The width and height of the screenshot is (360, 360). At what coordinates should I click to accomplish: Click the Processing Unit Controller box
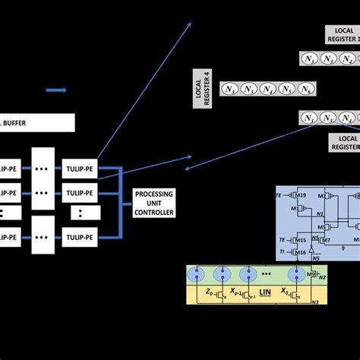(154, 203)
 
